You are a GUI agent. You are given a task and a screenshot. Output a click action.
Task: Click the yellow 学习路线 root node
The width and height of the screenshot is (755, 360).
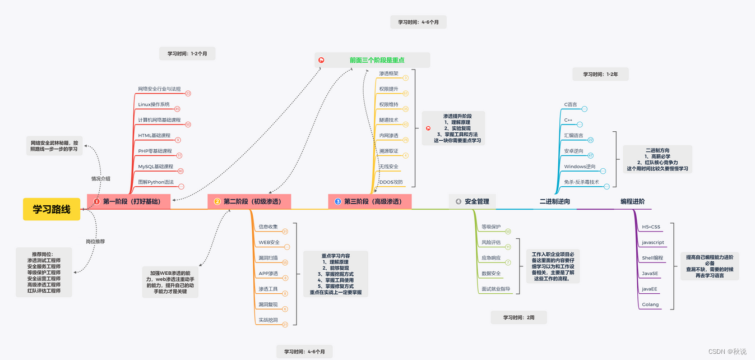[52, 209]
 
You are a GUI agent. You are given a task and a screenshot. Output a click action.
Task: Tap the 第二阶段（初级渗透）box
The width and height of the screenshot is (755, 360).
[249, 201]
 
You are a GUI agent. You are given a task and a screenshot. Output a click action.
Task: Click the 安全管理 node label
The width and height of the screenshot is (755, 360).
[476, 201]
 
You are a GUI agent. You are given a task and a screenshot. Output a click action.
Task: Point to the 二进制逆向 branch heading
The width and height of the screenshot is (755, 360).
[554, 201]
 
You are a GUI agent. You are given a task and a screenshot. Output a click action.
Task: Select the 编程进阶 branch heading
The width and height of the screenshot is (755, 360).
[632, 201]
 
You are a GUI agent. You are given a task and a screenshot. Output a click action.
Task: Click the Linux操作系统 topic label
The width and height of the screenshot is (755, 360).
[154, 104]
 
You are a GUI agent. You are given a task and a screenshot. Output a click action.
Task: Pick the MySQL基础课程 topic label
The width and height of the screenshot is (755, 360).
[155, 167]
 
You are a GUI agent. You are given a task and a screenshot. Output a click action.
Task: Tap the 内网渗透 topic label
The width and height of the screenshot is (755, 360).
[388, 136]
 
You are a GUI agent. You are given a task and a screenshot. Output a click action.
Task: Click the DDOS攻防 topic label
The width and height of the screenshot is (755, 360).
[391, 182]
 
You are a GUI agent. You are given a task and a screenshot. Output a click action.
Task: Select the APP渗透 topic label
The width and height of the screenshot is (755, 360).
[268, 274]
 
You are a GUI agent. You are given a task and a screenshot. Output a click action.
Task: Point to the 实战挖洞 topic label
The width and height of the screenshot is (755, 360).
[268, 320]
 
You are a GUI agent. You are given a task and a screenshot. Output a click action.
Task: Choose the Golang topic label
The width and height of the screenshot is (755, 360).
[651, 305]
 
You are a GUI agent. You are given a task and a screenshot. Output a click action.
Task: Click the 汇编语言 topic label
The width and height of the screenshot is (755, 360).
[573, 136]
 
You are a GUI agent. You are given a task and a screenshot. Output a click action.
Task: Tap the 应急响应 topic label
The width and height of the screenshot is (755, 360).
[490, 258]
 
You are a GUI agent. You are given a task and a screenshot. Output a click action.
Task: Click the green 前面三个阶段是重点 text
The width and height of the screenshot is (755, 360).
[377, 60]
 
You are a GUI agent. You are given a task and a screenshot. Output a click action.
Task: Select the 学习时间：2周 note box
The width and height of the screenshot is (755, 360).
[518, 317]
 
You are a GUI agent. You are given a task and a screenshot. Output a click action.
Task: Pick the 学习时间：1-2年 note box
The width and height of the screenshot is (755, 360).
[600, 74]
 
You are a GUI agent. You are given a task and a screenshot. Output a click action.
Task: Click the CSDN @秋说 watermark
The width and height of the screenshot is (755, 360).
[727, 352]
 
